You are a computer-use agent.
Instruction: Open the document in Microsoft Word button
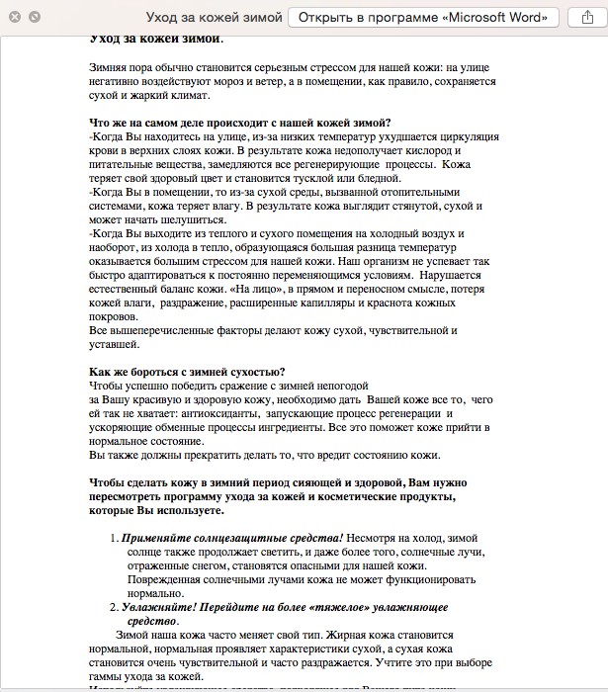[425, 18]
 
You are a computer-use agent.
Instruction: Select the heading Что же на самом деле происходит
[198, 123]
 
